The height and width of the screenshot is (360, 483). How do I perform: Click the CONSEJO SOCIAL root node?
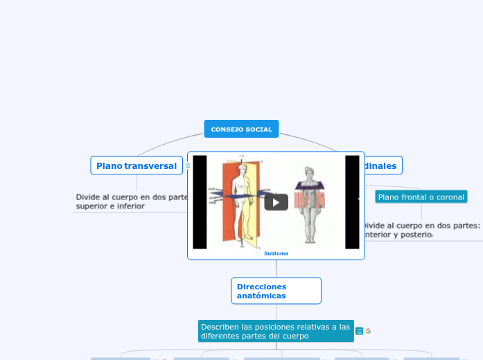tap(241, 129)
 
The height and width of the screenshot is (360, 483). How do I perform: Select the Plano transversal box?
tap(137, 165)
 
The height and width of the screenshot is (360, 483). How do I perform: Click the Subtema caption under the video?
tap(276, 253)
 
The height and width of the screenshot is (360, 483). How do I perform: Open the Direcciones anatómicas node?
tap(276, 291)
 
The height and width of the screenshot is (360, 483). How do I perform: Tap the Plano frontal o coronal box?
tap(421, 197)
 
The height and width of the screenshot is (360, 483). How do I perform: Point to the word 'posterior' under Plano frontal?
tap(414, 235)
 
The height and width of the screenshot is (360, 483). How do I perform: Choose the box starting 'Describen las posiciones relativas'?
tap(276, 331)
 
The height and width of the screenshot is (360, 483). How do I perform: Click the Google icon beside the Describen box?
tap(369, 331)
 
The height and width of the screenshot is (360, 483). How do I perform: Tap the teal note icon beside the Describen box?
tap(359, 331)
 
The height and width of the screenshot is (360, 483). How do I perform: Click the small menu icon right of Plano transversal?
tap(188, 165)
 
